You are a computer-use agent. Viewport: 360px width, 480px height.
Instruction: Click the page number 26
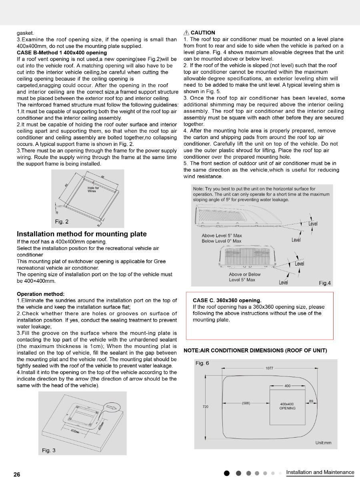click(17, 474)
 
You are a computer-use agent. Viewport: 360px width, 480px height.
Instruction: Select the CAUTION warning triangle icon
click(186, 33)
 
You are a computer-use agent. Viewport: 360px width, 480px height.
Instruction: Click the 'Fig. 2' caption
click(62, 222)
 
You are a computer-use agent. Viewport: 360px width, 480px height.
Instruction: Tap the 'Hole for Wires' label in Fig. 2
click(93, 189)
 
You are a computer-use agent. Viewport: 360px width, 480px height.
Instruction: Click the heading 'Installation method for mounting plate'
click(82, 234)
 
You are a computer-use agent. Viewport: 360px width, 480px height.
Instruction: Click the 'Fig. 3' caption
click(49, 450)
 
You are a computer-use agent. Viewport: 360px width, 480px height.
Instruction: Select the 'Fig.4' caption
click(325, 283)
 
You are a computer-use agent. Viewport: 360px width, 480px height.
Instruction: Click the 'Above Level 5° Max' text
click(222, 236)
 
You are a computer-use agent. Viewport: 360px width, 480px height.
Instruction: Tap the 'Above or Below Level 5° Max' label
click(244, 277)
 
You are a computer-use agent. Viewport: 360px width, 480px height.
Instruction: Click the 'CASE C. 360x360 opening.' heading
click(227, 300)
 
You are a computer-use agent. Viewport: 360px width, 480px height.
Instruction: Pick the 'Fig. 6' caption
click(202, 363)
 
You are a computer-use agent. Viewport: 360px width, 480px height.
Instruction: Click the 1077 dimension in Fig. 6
click(269, 368)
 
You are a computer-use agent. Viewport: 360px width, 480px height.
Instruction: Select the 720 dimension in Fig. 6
click(206, 406)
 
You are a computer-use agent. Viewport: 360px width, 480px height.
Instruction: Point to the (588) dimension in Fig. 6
click(246, 403)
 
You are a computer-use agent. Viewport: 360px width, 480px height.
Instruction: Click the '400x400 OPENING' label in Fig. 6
click(287, 406)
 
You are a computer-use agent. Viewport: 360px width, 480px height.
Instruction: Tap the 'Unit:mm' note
click(323, 443)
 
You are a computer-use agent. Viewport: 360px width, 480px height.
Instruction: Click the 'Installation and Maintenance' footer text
click(320, 472)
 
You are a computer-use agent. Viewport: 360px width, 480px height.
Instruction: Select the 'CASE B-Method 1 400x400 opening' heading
click(62, 52)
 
